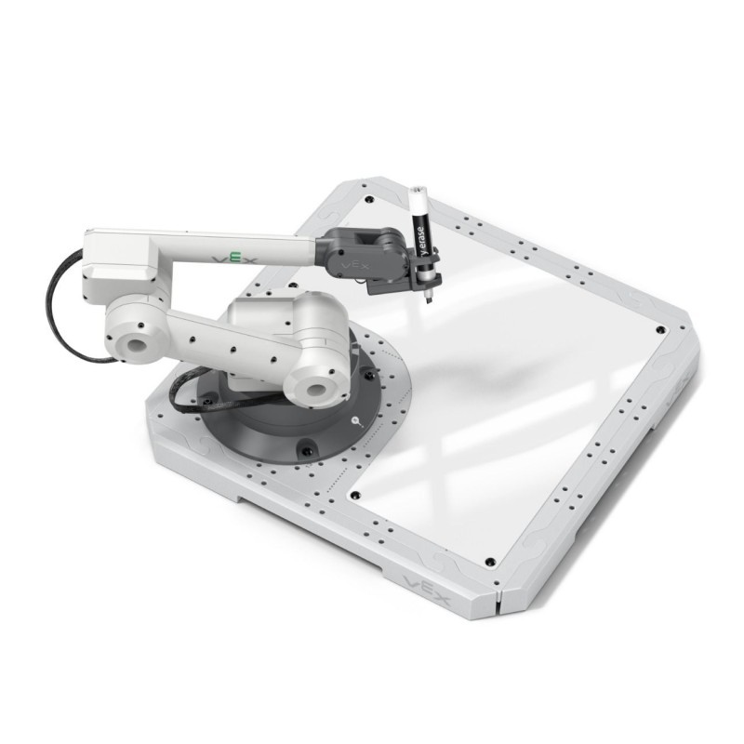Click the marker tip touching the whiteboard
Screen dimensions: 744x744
pyautogui.click(x=429, y=299)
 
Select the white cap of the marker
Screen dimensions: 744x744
pyautogui.click(x=418, y=199)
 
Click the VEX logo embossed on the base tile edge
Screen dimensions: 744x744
pyautogui.click(x=427, y=590)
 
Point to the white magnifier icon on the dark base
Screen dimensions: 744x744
pyautogui.click(x=358, y=423)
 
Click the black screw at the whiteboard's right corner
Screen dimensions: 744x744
pyautogui.click(x=659, y=330)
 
